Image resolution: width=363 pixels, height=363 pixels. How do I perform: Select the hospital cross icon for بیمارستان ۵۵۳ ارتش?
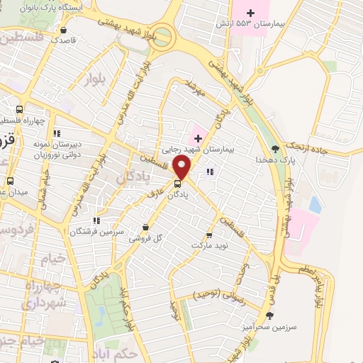[x=250, y=12]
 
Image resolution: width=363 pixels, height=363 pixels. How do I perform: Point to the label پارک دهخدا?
[x=275, y=161]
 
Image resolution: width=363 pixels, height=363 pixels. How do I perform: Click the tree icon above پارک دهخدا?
[x=275, y=149]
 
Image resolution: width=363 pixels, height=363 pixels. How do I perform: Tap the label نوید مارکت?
[x=208, y=245]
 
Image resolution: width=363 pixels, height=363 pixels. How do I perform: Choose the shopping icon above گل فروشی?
[x=145, y=228]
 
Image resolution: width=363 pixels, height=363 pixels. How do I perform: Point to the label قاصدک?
[x=64, y=41]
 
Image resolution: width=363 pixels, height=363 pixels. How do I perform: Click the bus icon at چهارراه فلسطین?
[x=19, y=110]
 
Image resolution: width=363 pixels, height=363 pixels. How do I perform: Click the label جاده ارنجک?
[x=308, y=145]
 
